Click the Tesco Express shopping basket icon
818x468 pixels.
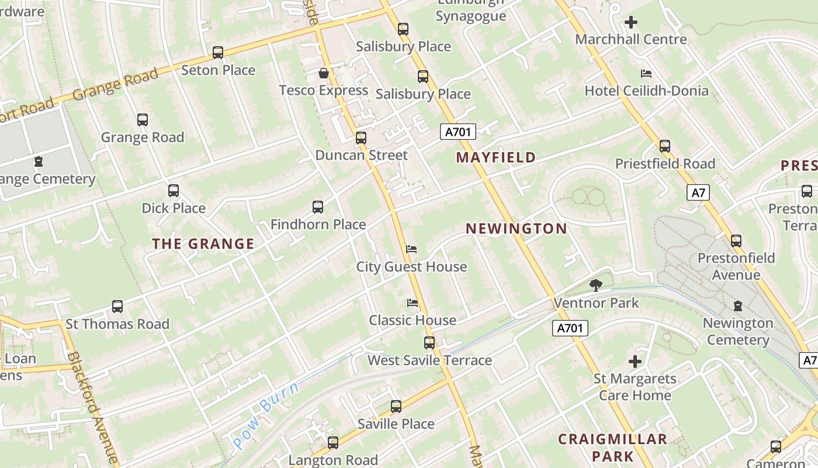coord(323,73)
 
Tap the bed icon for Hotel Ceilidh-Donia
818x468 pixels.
coord(646,74)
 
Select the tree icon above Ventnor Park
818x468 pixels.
coord(596,285)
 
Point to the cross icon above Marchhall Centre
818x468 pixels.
coord(631,23)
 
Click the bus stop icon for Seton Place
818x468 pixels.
coord(218,53)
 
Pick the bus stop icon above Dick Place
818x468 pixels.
coord(174,191)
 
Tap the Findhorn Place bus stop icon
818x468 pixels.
coord(318,207)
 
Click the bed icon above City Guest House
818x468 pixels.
coord(411,249)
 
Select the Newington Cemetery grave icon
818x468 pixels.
coord(737,305)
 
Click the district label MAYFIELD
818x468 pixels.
coord(496,157)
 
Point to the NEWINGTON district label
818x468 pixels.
coord(517,229)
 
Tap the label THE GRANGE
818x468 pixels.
coord(203,244)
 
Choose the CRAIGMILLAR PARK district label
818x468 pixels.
coord(612,448)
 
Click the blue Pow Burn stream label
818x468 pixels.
coord(266,414)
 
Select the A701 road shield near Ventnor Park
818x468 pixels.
coord(570,328)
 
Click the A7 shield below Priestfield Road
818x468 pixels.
coord(698,192)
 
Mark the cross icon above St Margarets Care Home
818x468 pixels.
coord(635,362)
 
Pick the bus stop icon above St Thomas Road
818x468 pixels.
coord(117,307)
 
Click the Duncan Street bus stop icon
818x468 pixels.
coord(361,138)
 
